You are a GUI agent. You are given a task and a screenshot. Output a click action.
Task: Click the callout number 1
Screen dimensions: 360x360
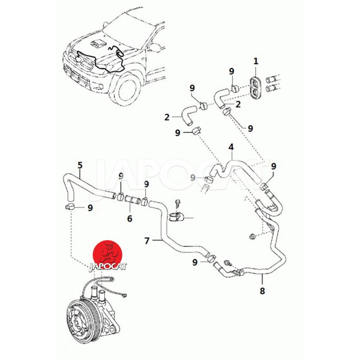[256, 61]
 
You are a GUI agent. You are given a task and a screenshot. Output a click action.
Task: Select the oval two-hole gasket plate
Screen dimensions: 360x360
[256, 86]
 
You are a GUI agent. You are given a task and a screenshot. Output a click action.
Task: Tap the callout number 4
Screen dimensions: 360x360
[231, 147]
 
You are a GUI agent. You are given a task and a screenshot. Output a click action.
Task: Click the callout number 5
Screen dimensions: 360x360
[80, 165]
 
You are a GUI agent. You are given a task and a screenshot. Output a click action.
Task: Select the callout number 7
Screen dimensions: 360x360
[147, 240]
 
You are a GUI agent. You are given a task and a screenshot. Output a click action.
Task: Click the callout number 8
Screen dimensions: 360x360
[263, 291]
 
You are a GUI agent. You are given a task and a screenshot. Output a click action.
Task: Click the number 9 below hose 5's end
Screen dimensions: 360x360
[90, 208]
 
